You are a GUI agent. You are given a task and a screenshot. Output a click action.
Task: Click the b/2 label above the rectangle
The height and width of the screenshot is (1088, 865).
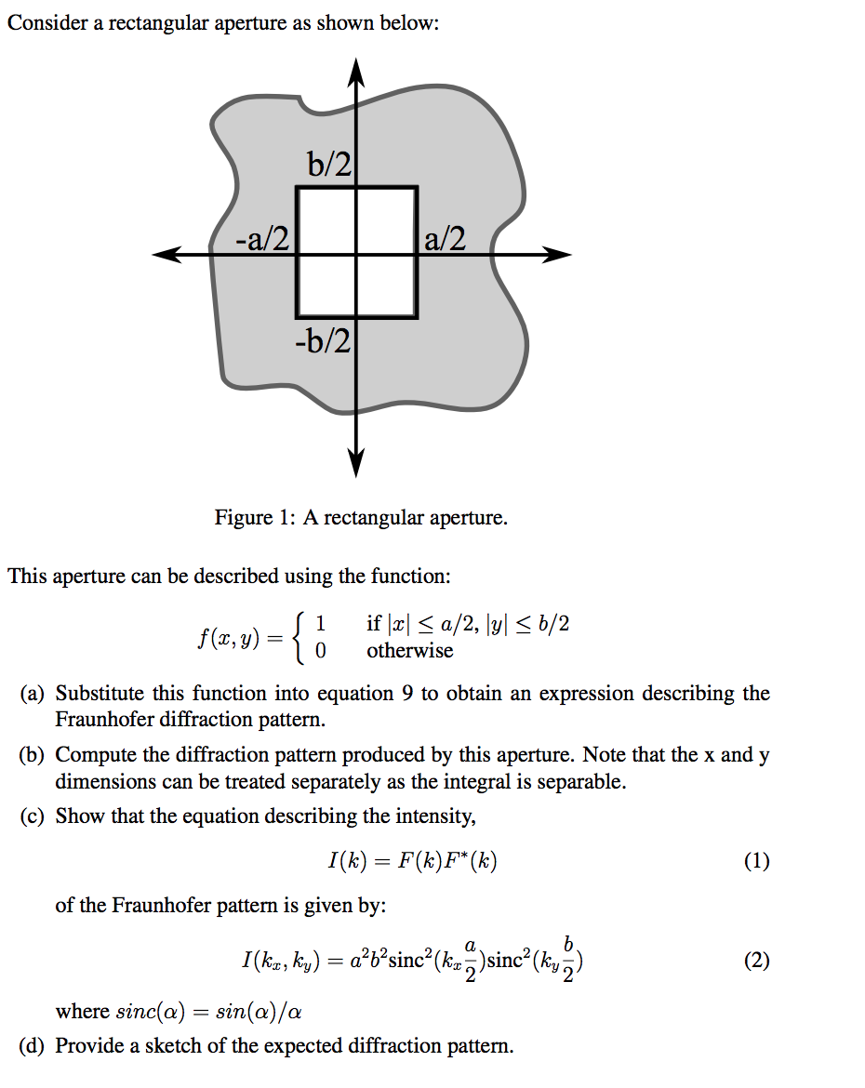click(x=329, y=165)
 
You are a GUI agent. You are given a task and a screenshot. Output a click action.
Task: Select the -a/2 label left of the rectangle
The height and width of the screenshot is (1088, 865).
click(x=261, y=239)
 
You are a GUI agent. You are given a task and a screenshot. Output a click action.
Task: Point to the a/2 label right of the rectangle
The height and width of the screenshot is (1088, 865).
click(x=444, y=239)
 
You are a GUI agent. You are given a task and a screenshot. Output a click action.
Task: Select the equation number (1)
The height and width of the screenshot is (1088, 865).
click(x=756, y=862)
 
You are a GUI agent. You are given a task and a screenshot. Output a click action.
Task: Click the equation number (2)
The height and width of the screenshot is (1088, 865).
click(x=756, y=961)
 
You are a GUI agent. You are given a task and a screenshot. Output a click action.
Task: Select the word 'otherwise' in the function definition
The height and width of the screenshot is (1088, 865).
click(x=409, y=651)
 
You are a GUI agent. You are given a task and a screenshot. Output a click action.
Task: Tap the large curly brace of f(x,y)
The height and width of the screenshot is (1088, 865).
click(x=298, y=637)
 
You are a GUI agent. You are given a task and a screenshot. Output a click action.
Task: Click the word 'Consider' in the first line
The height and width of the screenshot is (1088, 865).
click(x=47, y=23)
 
